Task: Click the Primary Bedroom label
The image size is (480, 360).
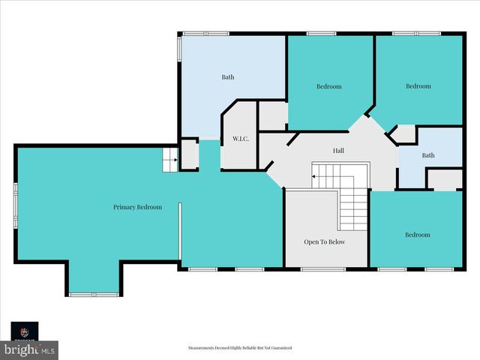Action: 137,207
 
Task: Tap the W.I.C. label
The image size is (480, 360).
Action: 240,139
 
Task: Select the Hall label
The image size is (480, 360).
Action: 338,151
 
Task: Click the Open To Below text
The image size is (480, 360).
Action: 325,242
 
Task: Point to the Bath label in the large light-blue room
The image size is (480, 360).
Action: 228,76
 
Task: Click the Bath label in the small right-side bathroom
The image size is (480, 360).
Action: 427,155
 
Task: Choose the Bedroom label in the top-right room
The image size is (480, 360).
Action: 418,86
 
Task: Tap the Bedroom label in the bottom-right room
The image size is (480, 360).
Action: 417,235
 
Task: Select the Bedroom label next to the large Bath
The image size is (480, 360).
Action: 328,86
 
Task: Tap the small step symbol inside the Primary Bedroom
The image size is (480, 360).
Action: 170,159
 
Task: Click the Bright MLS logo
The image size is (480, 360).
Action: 29,349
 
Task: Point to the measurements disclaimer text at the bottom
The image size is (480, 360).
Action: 239,348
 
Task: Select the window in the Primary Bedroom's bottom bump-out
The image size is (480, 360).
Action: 94,295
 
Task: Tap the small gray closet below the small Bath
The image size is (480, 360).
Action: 444,179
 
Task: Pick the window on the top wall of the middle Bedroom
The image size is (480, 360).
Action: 321,33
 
